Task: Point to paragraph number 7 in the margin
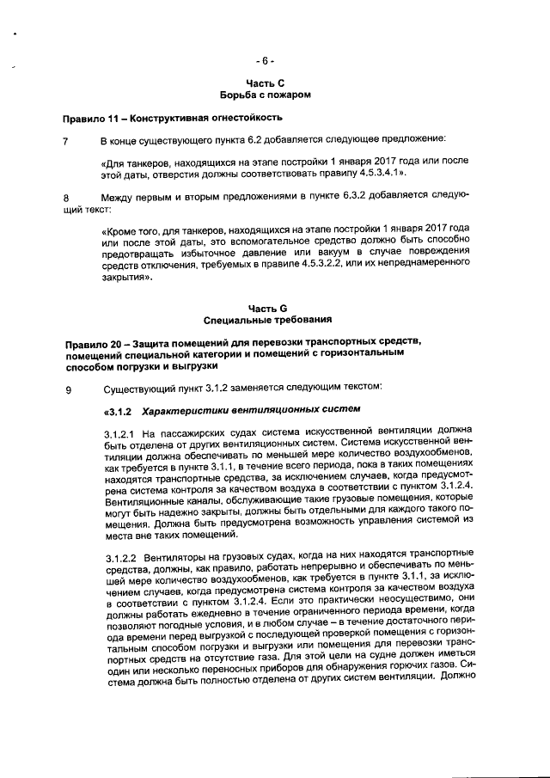[65, 139]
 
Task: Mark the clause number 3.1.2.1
[119, 432]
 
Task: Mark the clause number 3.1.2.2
[119, 556]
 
